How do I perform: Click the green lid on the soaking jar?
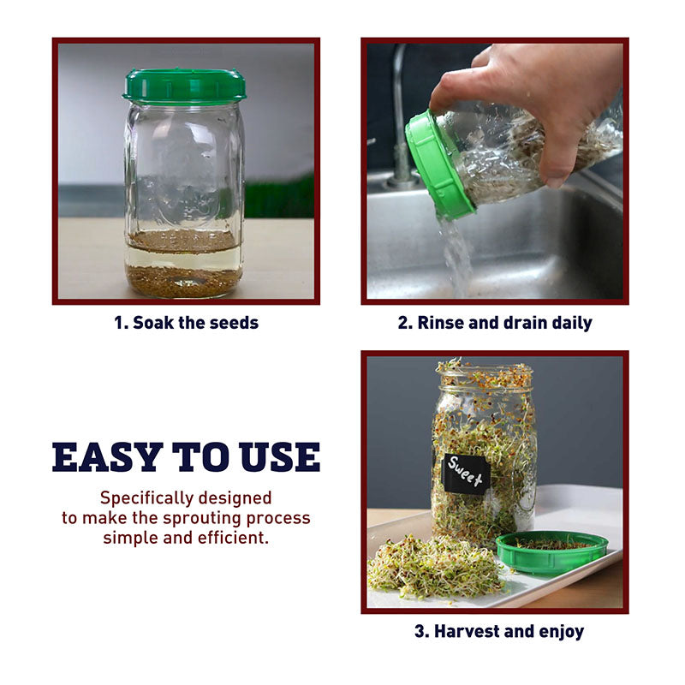tap(184, 86)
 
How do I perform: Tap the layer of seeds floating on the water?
tap(183, 241)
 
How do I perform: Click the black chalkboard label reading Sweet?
tap(466, 474)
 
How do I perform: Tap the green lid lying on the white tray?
tap(552, 551)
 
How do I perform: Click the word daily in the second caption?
tap(572, 324)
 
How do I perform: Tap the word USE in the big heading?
tap(280, 457)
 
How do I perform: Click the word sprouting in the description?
tap(202, 519)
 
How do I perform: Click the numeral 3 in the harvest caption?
tap(420, 631)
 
